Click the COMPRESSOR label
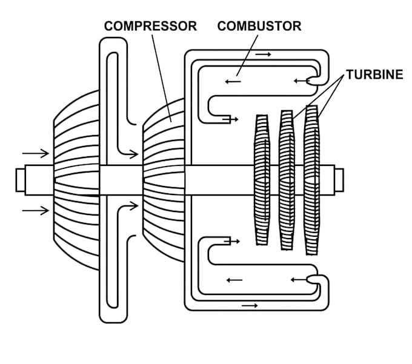click(x=150, y=26)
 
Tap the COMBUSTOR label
click(x=259, y=26)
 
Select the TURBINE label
click(x=374, y=74)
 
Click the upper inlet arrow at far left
click(x=36, y=153)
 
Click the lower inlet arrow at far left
click(x=36, y=210)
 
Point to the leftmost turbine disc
click(x=262, y=180)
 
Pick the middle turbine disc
click(x=287, y=180)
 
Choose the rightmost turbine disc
click(x=312, y=180)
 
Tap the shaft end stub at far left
click(x=21, y=180)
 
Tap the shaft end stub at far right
click(x=339, y=180)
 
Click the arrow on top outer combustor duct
click(x=263, y=55)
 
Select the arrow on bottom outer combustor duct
click(x=250, y=305)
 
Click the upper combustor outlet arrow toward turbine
click(x=230, y=119)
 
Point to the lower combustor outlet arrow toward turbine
click(x=231, y=241)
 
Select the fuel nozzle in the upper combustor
click(x=313, y=81)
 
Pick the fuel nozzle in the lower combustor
click(x=313, y=279)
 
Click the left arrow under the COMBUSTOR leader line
click(x=233, y=82)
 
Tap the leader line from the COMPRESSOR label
click(x=162, y=78)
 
